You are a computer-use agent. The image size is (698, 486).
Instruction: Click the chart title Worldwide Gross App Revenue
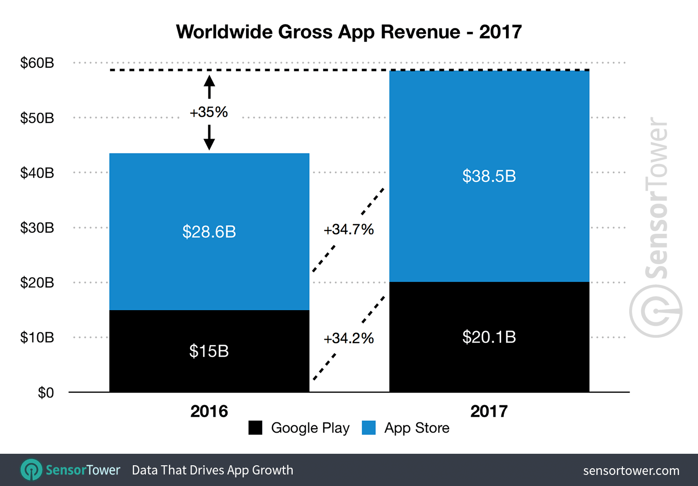[x=349, y=32]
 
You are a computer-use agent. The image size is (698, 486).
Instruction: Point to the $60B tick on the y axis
[x=37, y=63]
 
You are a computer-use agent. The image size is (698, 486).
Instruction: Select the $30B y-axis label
[x=37, y=228]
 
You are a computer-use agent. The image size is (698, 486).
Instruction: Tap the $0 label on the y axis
[x=46, y=393]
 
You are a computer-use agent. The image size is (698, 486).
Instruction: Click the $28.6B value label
[x=209, y=232]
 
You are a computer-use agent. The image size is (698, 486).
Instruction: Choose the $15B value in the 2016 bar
[x=209, y=351]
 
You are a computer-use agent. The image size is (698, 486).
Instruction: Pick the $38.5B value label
[x=489, y=176]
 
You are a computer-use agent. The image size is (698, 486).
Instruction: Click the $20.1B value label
[x=489, y=337]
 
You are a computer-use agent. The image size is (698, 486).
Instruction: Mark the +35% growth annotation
[x=209, y=112]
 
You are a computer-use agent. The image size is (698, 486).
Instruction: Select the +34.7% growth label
[x=349, y=230]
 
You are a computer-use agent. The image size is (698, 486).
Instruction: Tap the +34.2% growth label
[x=349, y=338]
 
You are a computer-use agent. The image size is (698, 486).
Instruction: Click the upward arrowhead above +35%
[x=209, y=80]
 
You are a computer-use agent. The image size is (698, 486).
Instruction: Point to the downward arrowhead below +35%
[x=209, y=144]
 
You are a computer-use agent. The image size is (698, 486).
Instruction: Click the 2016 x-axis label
[x=209, y=411]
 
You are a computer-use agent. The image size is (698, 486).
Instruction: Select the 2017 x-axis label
[x=489, y=411]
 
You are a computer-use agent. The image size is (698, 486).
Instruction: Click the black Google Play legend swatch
[x=255, y=428]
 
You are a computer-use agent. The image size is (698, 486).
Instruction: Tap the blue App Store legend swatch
[x=369, y=428]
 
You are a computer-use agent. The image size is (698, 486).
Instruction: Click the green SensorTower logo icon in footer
[x=32, y=470]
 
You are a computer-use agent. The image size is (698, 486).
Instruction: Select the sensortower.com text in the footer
[x=631, y=471]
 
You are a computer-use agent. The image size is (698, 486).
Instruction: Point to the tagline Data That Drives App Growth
[x=212, y=470]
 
